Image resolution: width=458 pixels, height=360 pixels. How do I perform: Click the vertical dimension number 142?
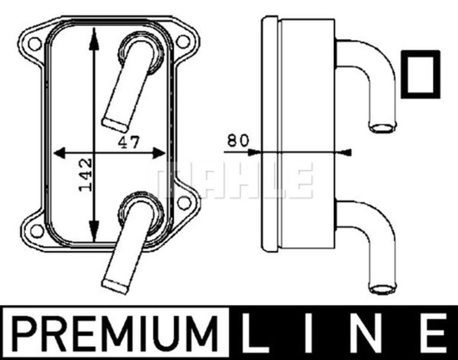pos(85,175)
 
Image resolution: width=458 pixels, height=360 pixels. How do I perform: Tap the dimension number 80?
pos(237,140)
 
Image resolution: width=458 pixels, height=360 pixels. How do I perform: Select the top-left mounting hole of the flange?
pos(35,43)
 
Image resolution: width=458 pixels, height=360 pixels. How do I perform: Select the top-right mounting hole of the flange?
pos(183,41)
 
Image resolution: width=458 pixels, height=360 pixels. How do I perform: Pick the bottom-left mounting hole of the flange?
pos(36,230)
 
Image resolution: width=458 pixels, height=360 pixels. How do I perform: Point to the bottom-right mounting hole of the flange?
pos(184,202)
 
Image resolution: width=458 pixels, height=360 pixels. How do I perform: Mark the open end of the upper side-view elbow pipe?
pos(383,127)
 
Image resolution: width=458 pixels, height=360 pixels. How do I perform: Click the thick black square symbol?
pos(420,74)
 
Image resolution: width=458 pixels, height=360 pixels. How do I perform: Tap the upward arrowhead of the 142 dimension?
pos(94,36)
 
